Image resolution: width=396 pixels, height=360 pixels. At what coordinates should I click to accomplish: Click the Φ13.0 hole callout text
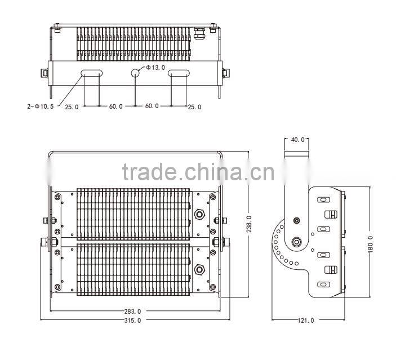(155, 68)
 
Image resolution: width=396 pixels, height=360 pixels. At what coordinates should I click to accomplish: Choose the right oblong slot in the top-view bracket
(180, 73)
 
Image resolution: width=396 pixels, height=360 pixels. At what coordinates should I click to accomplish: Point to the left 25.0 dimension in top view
(72, 106)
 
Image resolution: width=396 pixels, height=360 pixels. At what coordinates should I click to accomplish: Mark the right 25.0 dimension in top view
(194, 106)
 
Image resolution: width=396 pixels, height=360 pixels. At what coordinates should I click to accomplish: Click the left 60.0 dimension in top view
(115, 106)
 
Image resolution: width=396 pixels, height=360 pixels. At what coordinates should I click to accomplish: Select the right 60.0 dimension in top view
(153, 106)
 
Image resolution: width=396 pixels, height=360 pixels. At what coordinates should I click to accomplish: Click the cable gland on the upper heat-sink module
(199, 215)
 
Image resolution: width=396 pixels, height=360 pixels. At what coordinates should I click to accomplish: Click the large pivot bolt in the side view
(297, 243)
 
